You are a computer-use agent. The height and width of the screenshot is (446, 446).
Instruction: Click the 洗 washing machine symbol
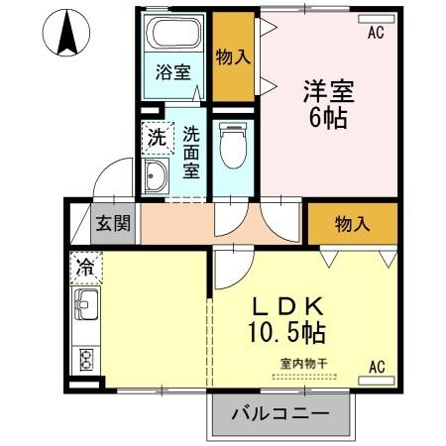[158, 137]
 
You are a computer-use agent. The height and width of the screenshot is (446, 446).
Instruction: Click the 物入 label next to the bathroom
[234, 57]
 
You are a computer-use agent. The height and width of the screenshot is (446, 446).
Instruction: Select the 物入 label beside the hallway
[352, 224]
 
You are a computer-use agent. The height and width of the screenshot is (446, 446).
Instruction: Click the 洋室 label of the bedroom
[326, 89]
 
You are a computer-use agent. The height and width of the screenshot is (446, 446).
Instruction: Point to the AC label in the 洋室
[375, 33]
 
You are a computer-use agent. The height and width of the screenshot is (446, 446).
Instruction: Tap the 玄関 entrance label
[113, 222]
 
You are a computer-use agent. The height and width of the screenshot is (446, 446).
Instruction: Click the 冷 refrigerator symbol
[86, 267]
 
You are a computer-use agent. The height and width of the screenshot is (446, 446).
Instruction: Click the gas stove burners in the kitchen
[86, 358]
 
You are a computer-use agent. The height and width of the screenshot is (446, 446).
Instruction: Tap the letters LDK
[288, 305]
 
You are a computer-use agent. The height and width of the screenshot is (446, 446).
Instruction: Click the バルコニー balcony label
[280, 413]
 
